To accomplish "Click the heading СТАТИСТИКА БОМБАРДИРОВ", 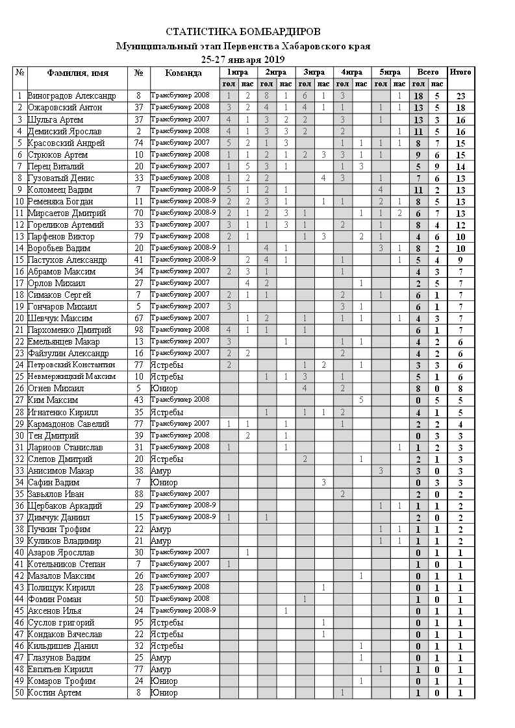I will point(243,32).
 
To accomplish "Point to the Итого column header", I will point(460,72).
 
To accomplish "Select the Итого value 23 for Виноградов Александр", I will point(460,96).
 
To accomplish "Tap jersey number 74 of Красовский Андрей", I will point(138,143).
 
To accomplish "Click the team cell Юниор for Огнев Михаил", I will point(164,389).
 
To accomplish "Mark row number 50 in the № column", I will point(20,693).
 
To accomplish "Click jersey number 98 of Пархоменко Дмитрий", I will point(138,330).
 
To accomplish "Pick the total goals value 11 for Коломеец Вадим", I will point(418,190).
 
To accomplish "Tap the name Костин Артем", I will point(55,693).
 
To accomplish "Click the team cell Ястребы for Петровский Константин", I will point(167,365).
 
